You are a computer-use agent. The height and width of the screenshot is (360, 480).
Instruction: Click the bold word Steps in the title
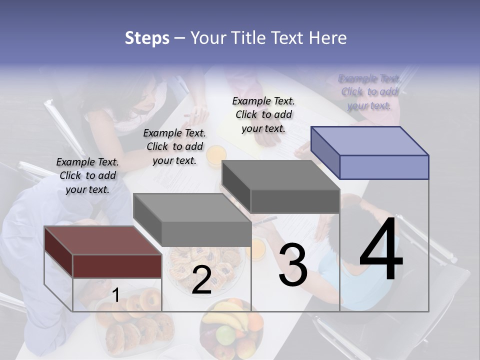147,38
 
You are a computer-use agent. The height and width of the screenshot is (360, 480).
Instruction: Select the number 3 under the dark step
293,265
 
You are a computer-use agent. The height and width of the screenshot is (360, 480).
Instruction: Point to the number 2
201,280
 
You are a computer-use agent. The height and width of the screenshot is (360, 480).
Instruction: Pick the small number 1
115,295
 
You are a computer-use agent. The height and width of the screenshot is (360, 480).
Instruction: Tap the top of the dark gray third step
280,175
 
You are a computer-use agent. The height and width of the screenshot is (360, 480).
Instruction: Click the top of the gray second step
192,207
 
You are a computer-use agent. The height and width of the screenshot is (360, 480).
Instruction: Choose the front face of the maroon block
117,266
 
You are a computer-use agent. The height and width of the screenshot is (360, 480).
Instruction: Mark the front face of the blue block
384,167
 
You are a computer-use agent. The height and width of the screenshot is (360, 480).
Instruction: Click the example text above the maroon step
87,175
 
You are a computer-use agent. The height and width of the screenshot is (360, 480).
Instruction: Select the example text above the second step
174,146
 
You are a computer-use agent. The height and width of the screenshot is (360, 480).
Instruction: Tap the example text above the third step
263,114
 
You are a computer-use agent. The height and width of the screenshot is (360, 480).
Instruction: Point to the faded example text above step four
369,91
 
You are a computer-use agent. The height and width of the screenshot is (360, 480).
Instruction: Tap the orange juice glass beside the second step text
216,155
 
